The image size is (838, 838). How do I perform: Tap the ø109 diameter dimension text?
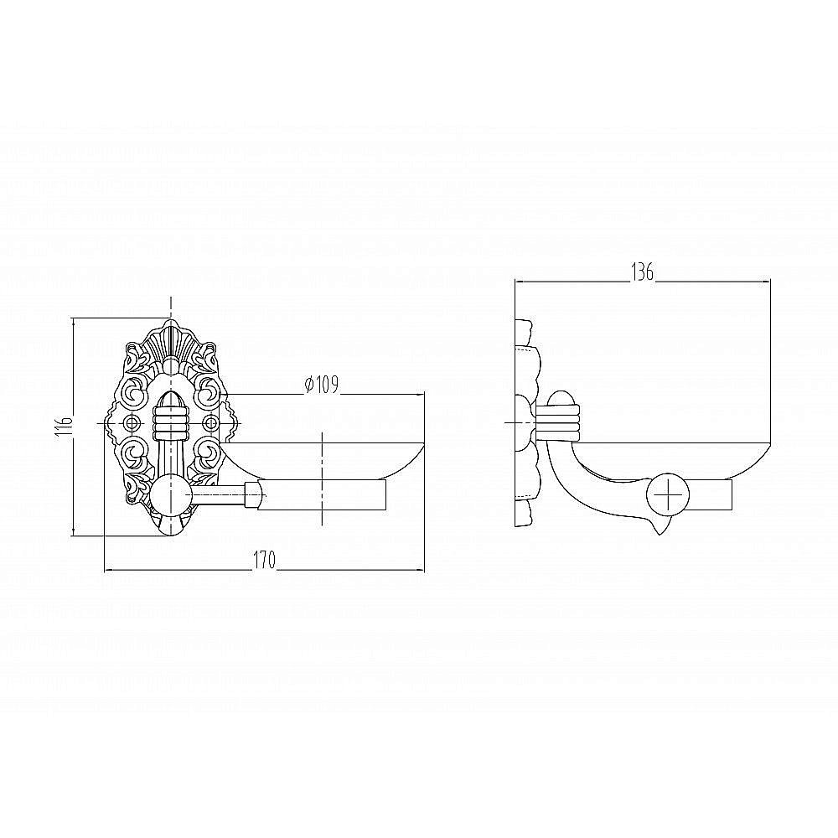point(321,385)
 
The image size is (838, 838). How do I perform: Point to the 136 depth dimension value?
point(643,272)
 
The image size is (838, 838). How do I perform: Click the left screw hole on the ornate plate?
point(131,423)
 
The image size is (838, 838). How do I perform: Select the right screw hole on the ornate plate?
point(212,423)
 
